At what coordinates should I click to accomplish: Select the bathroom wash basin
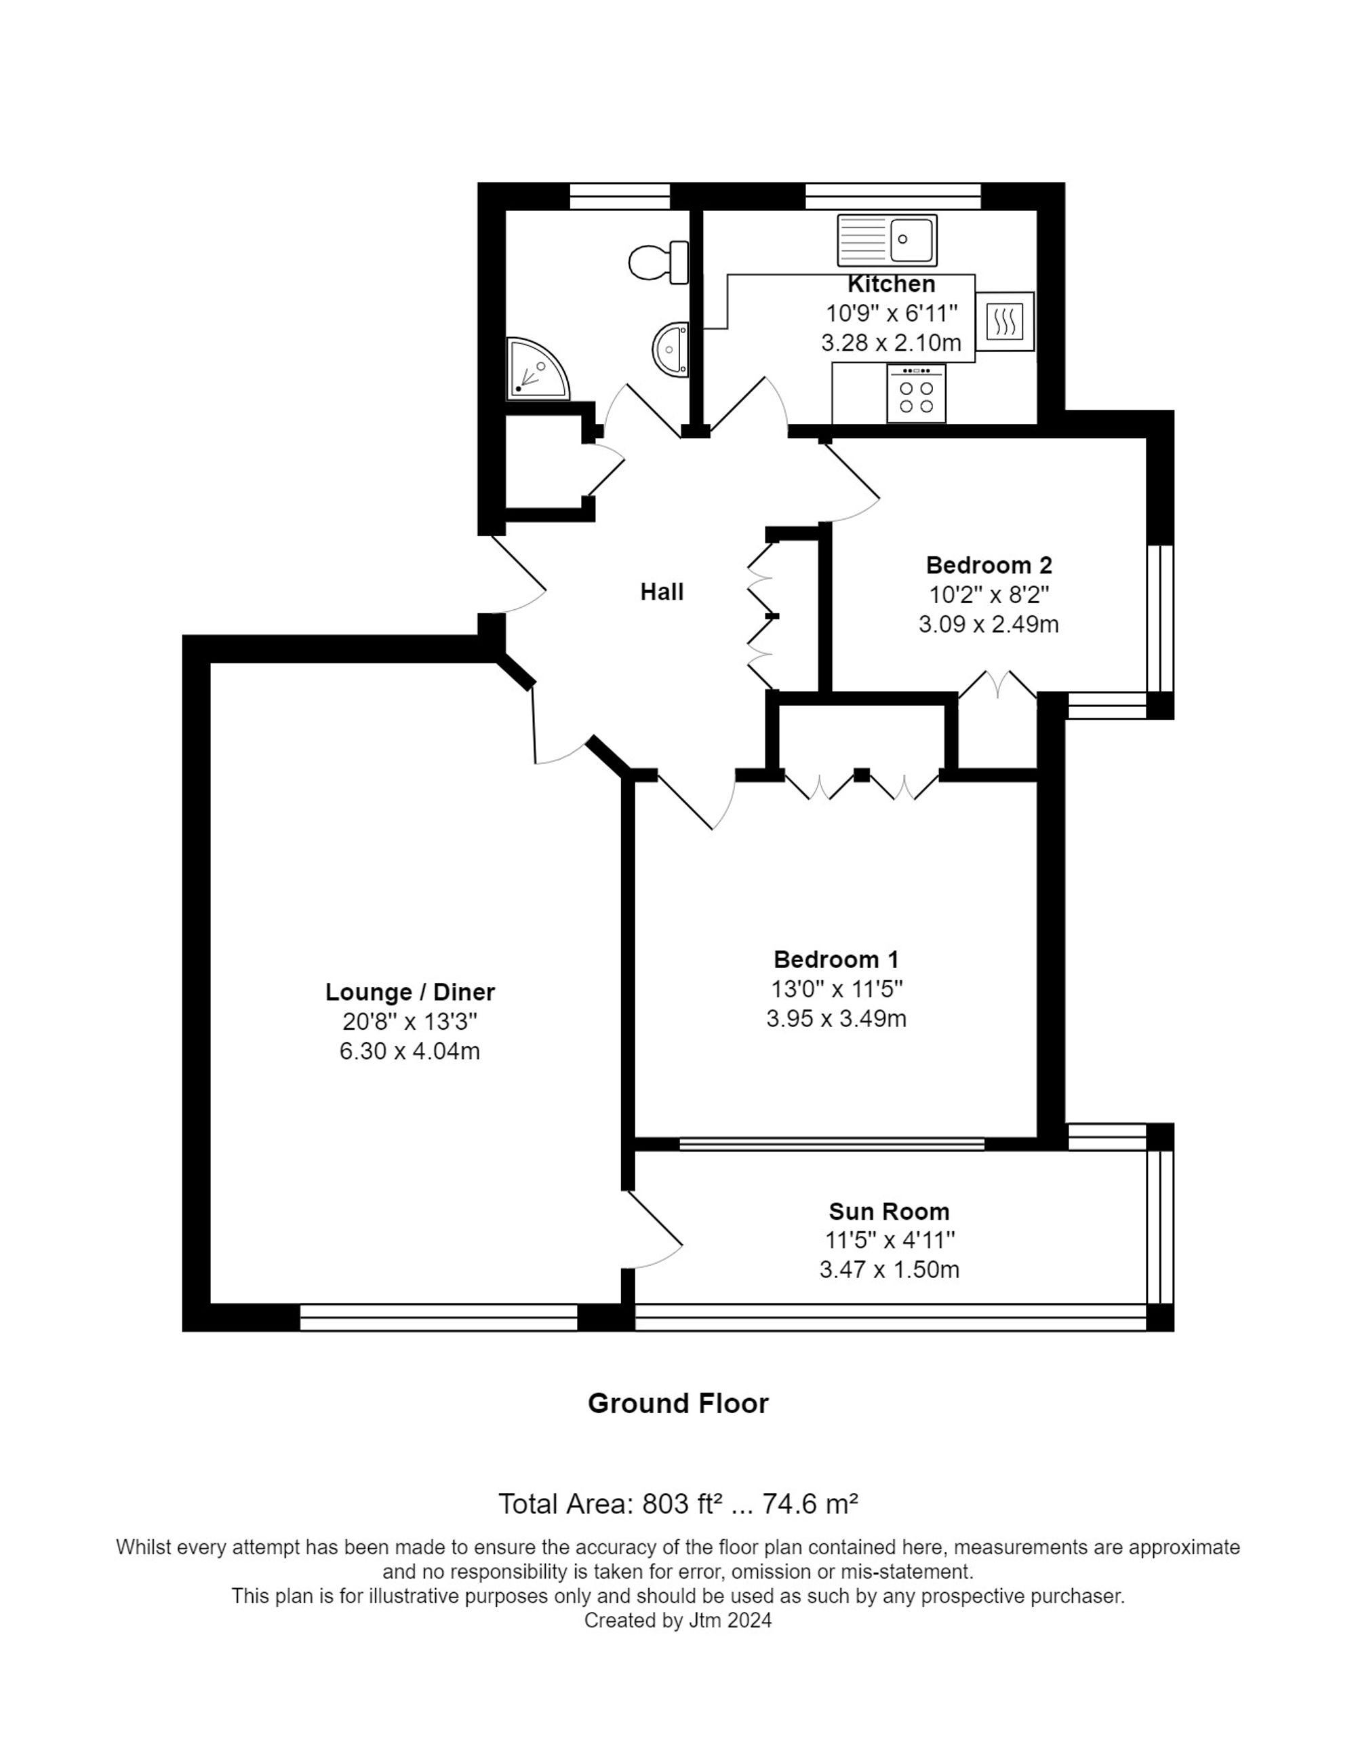click(x=671, y=349)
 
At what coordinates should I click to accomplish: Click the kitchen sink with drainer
click(x=886, y=239)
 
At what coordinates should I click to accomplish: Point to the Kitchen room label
click(x=891, y=284)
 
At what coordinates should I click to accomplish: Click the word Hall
click(x=661, y=592)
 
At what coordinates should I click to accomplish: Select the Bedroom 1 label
click(x=836, y=960)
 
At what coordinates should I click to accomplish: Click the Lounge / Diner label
click(x=410, y=992)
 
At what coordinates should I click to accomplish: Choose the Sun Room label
click(x=889, y=1212)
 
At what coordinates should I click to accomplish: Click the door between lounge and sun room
click(x=653, y=1229)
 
